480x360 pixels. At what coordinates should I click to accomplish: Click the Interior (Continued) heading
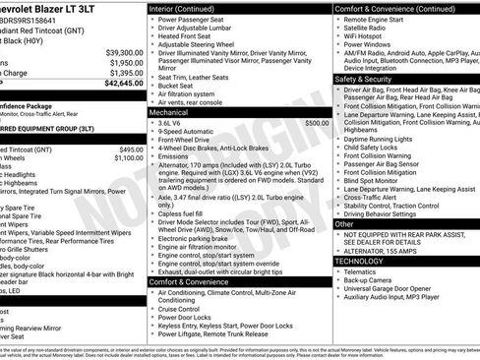coord(190,8)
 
